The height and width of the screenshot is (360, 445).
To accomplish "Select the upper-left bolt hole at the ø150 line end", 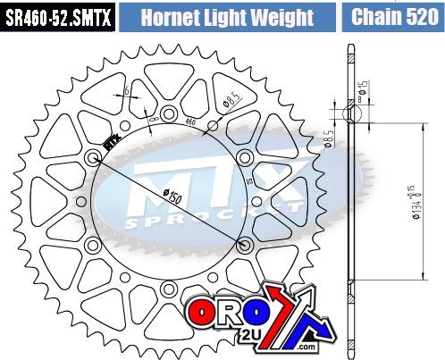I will tap(94, 159).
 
